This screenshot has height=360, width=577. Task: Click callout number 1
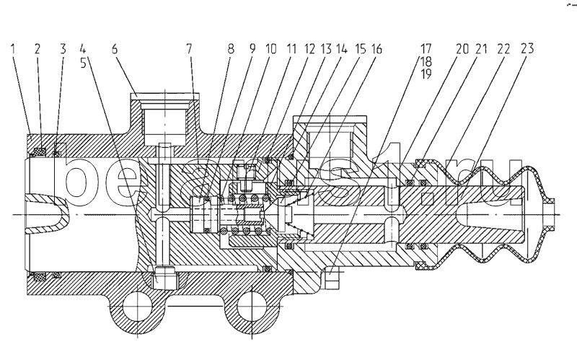coord(14,50)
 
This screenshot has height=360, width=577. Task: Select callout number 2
coord(37,50)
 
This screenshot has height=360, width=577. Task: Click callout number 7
coord(191,50)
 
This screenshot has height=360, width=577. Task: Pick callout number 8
coord(230,50)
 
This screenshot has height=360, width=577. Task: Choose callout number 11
coord(291,50)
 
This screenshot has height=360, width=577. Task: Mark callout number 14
coord(341,50)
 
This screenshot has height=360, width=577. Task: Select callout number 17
coord(426,50)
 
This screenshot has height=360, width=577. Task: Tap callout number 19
coord(426,74)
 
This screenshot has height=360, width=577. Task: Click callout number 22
coord(504,50)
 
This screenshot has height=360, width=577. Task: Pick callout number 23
coord(528,50)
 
